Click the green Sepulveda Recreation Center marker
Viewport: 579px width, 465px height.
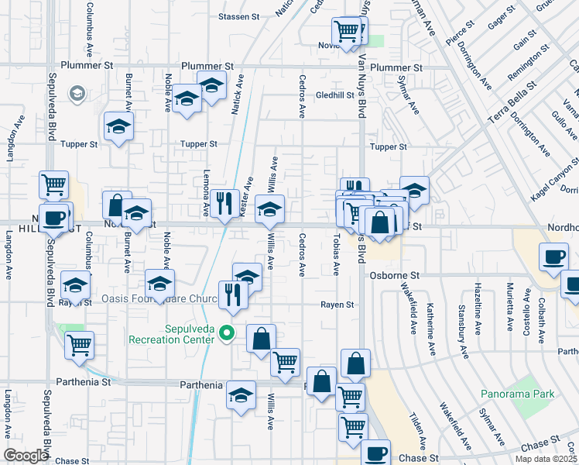(x=227, y=333)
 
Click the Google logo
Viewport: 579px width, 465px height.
(x=26, y=456)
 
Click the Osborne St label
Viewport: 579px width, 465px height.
(x=393, y=275)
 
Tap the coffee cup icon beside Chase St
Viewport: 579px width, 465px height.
(x=376, y=453)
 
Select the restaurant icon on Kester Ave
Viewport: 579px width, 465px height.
(x=224, y=203)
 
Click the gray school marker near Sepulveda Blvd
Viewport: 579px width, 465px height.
(x=77, y=95)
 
